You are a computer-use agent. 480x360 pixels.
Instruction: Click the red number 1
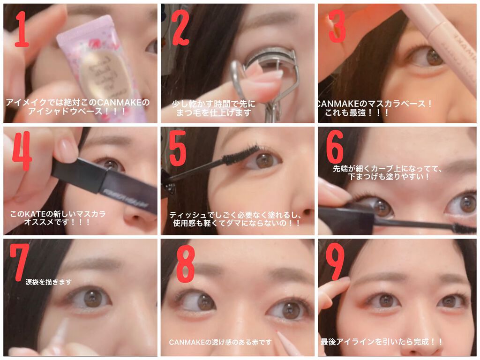[22, 29]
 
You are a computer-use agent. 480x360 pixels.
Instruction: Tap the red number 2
[180, 28]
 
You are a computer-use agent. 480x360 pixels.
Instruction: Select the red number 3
[337, 26]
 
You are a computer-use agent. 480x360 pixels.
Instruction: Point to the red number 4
[22, 151]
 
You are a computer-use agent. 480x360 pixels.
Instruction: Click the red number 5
[178, 148]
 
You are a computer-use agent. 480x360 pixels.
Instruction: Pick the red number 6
[335, 147]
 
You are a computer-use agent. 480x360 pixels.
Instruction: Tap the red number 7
[19, 262]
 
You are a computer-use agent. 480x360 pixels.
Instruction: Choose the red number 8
[186, 264]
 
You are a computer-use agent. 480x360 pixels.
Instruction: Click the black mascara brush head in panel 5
[240, 155]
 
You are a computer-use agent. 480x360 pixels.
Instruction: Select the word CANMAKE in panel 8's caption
[187, 342]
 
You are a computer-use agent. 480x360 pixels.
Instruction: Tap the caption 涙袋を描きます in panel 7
[48, 282]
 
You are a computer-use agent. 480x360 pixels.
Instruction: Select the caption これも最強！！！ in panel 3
[357, 112]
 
